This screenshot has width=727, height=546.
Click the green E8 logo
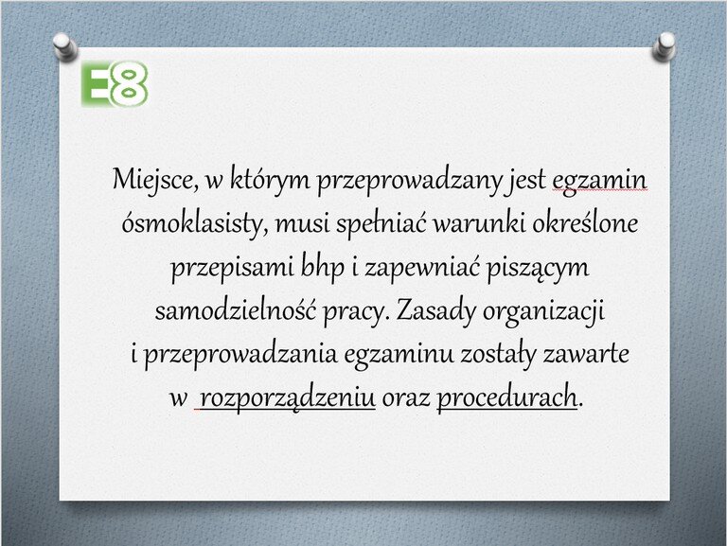point(115,84)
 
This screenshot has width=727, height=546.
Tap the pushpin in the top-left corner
point(63,46)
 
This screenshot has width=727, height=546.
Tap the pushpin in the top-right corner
point(664,46)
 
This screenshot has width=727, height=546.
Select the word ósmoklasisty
point(195,224)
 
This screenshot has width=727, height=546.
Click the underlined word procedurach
point(507,397)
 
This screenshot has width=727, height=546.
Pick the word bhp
point(323,268)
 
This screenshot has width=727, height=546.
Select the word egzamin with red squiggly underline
point(599,181)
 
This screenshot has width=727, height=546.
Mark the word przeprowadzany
point(409,181)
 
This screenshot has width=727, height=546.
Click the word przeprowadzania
point(240,356)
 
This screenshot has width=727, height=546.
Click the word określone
point(585,223)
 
